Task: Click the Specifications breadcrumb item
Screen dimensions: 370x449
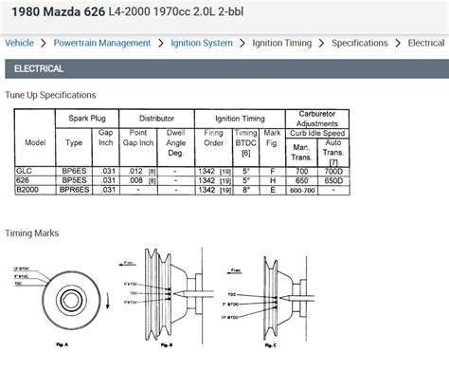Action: point(360,44)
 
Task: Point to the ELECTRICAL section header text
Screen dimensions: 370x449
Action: point(39,69)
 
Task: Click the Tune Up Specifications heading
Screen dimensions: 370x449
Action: point(51,95)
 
